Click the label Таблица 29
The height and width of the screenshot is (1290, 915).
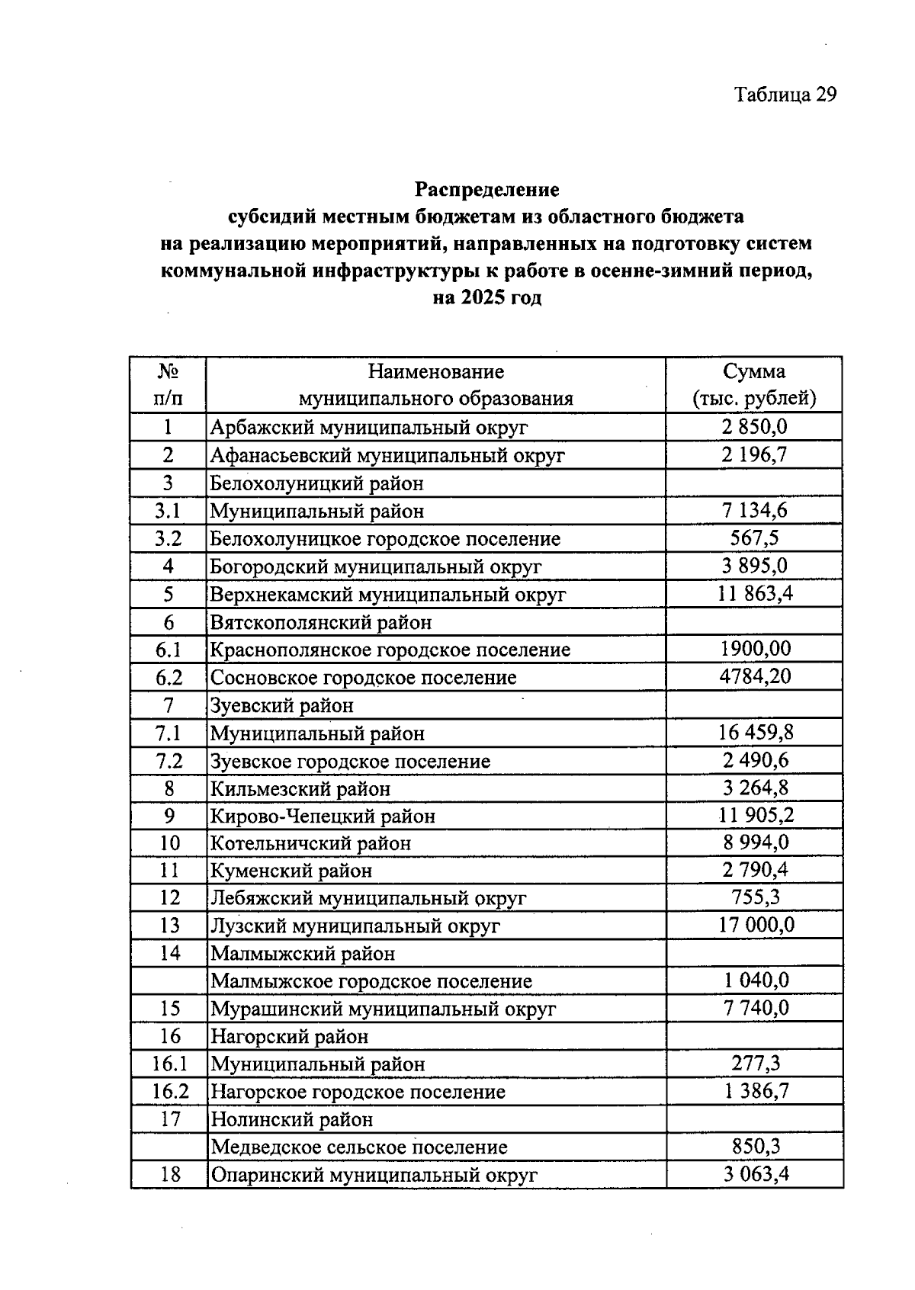click(785, 95)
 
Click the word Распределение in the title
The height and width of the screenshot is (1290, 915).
click(486, 189)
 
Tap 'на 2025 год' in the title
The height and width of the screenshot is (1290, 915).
click(486, 298)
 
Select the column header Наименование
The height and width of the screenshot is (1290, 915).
click(435, 372)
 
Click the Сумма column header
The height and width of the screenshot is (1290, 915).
click(753, 372)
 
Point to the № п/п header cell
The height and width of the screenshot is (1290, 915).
click(168, 385)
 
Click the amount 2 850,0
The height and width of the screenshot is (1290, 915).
click(753, 427)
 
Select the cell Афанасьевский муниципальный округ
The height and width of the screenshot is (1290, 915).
click(387, 456)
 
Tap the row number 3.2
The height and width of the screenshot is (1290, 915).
click(168, 539)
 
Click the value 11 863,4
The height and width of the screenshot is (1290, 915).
click(755, 594)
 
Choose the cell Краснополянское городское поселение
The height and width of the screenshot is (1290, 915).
click(390, 650)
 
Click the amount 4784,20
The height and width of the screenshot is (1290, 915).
click(755, 676)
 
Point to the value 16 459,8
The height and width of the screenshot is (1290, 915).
click(755, 733)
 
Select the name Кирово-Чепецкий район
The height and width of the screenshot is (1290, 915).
click(323, 817)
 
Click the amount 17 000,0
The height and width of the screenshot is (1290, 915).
click(755, 926)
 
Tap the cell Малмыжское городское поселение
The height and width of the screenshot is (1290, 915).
click(371, 981)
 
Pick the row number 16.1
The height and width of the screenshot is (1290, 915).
click(169, 1064)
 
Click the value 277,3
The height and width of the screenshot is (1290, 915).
click(755, 1064)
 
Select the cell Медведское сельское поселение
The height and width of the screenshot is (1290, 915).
click(358, 1147)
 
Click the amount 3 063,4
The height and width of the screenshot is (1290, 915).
click(755, 1174)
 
